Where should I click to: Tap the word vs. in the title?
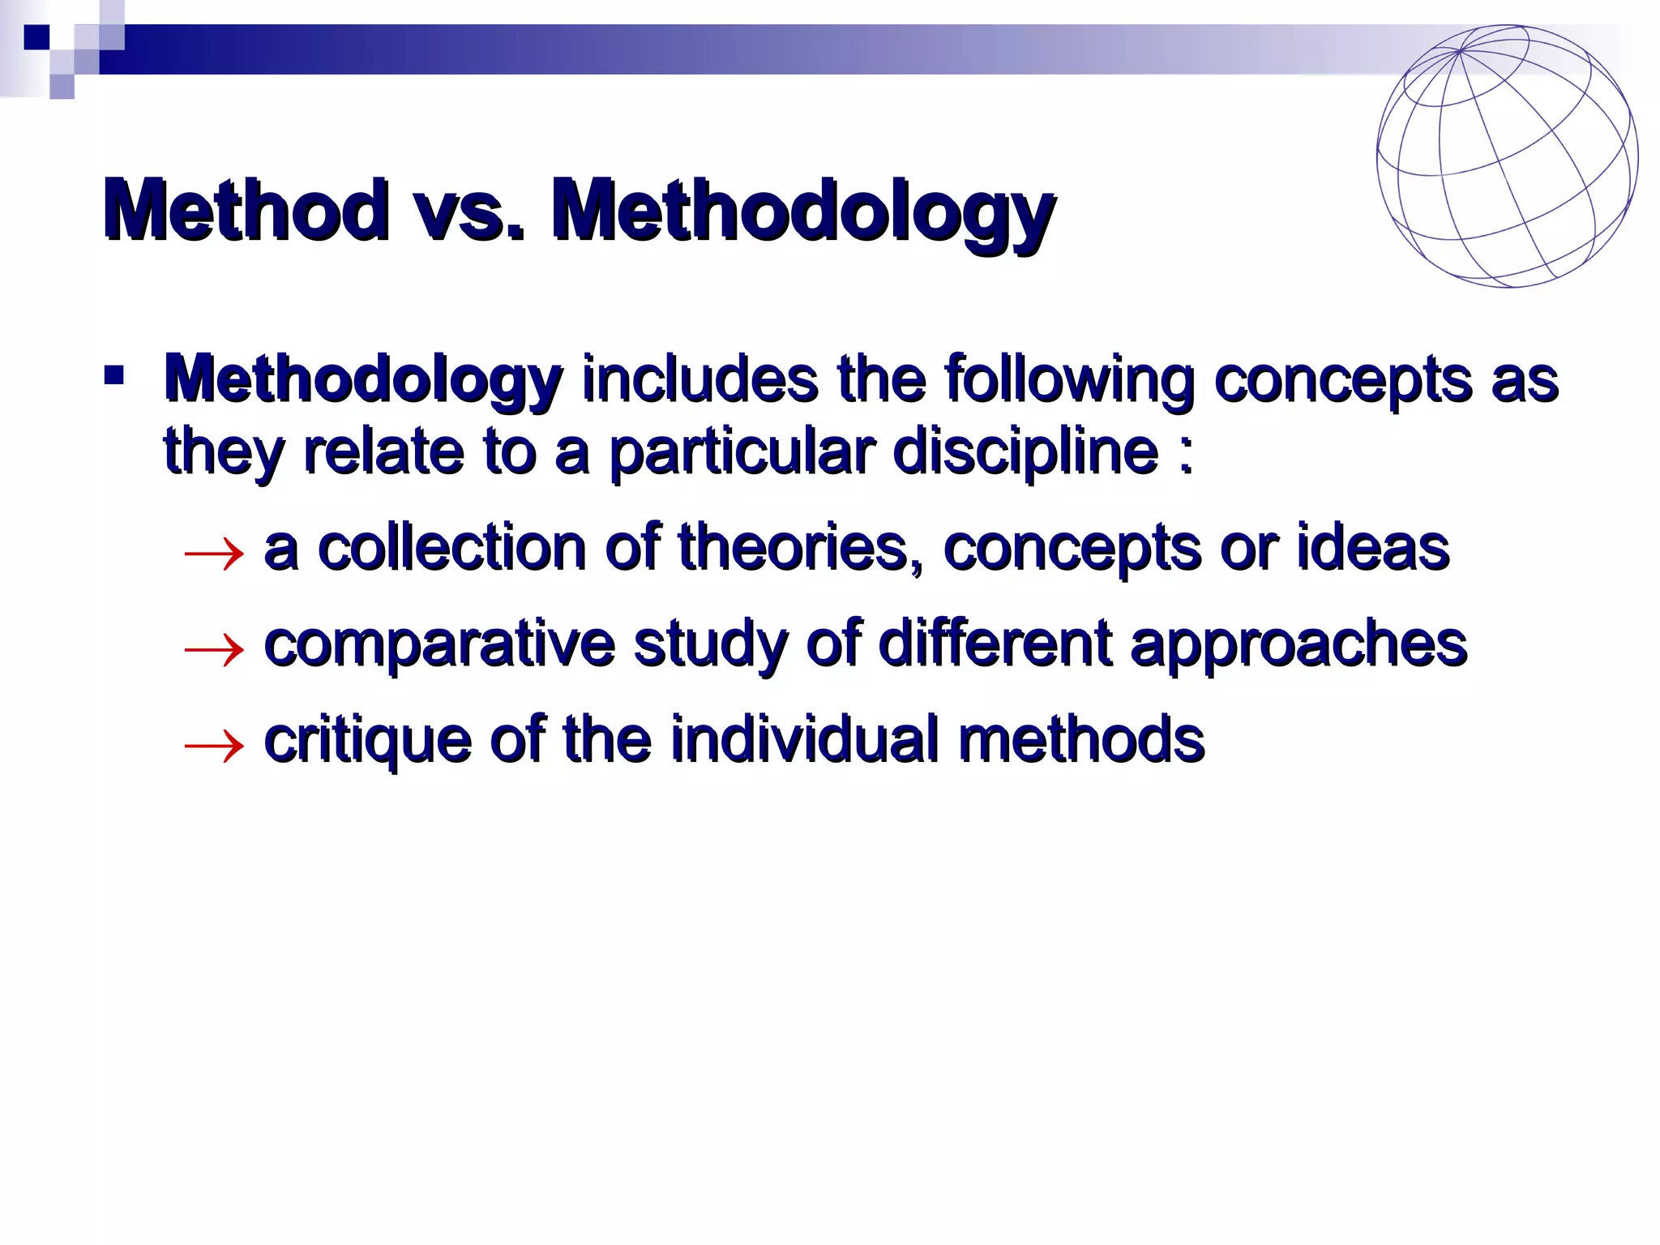coord(470,211)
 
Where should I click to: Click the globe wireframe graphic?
coord(1507,156)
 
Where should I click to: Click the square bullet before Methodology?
coord(113,375)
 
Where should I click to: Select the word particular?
coord(742,451)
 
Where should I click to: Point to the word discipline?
coord(1025,451)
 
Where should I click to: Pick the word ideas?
coord(1372,548)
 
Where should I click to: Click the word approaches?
coord(1298,645)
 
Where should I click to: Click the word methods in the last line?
coord(1081,739)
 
